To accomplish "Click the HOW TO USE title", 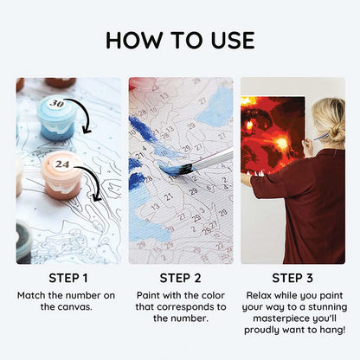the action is pos(180,40).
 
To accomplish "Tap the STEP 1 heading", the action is pos(68,278).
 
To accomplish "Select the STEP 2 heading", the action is pos(180,278).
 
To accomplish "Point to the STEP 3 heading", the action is pos(292,278).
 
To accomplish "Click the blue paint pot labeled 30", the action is pos(56,119).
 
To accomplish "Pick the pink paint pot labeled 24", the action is pos(62,175).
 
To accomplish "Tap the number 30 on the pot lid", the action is pos(56,103).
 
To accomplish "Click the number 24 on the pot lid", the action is pos(62,164).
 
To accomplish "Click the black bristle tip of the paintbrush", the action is pos(184,169).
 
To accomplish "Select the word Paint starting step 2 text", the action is pos(148,295).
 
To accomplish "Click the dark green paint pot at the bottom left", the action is pos(23,242).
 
